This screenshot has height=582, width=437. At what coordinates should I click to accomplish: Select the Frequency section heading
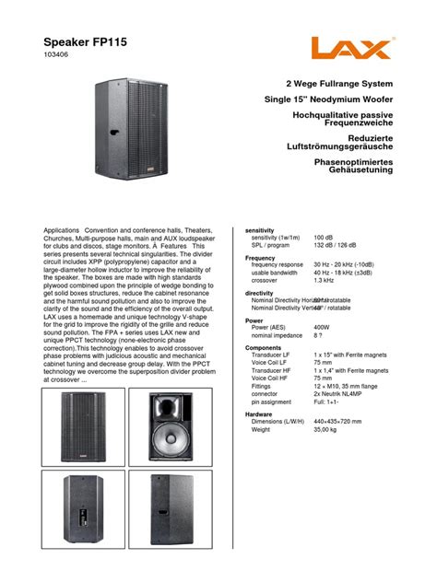261,259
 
